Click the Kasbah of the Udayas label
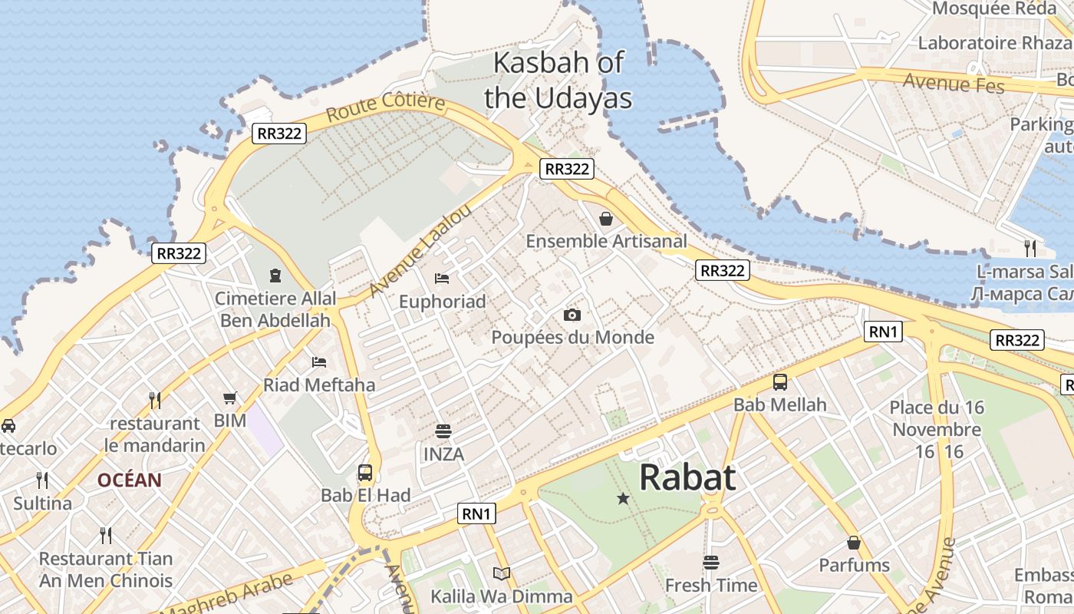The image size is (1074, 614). click(x=558, y=80)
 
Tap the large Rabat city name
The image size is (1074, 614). click(x=687, y=477)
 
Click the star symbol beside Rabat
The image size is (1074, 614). click(x=623, y=499)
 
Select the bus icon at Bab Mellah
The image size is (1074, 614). click(x=780, y=381)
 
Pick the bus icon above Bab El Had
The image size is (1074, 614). click(x=365, y=472)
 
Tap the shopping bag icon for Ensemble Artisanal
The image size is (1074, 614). click(x=606, y=219)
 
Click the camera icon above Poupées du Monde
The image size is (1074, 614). click(x=572, y=315)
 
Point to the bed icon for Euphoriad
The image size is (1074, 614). click(x=442, y=278)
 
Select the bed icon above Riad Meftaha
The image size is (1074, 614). click(x=319, y=361)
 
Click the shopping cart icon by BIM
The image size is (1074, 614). click(x=229, y=398)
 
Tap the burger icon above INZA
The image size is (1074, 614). click(x=443, y=431)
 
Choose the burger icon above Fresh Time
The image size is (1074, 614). click(x=711, y=563)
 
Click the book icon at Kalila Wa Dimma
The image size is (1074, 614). click(x=502, y=573)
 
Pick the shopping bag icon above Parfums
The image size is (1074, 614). click(x=854, y=543)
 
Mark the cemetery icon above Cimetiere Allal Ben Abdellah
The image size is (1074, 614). click(x=275, y=275)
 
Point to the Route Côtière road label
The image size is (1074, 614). click(x=385, y=108)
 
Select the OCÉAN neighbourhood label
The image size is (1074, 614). click(x=129, y=480)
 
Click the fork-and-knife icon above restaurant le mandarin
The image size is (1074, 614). click(x=155, y=400)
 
